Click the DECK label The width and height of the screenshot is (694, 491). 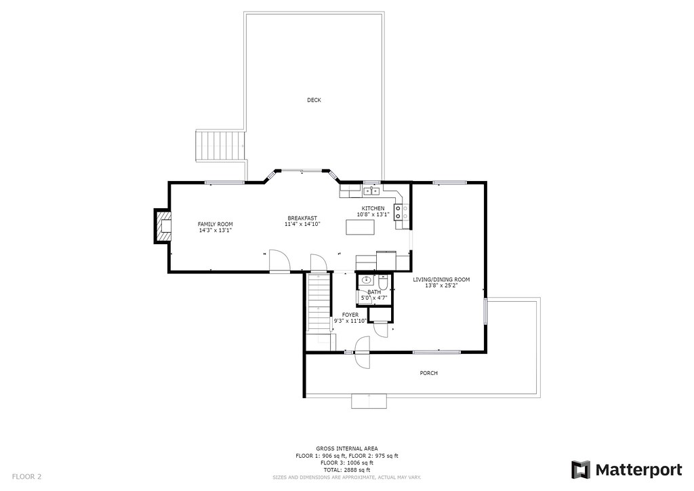[x=314, y=100]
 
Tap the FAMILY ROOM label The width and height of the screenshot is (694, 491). [x=215, y=224]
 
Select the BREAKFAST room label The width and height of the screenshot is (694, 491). [x=302, y=218]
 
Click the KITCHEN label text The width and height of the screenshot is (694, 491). [x=373, y=208]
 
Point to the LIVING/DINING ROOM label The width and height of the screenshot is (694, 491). [x=441, y=279]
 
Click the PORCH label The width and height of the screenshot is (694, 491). [x=428, y=373]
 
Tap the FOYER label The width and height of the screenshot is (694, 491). [x=350, y=315]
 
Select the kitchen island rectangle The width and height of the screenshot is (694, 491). [x=360, y=228]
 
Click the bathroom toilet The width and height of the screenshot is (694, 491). [x=384, y=281]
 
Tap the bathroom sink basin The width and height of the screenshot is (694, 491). [x=366, y=280]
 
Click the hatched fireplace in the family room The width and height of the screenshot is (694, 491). [x=162, y=226]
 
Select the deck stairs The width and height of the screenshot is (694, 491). [x=220, y=146]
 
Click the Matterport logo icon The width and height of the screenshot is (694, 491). [x=581, y=470]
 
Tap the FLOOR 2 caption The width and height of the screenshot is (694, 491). [x=26, y=477]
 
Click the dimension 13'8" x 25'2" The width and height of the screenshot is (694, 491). [x=441, y=286]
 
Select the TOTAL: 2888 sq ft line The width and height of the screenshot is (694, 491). [x=346, y=470]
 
